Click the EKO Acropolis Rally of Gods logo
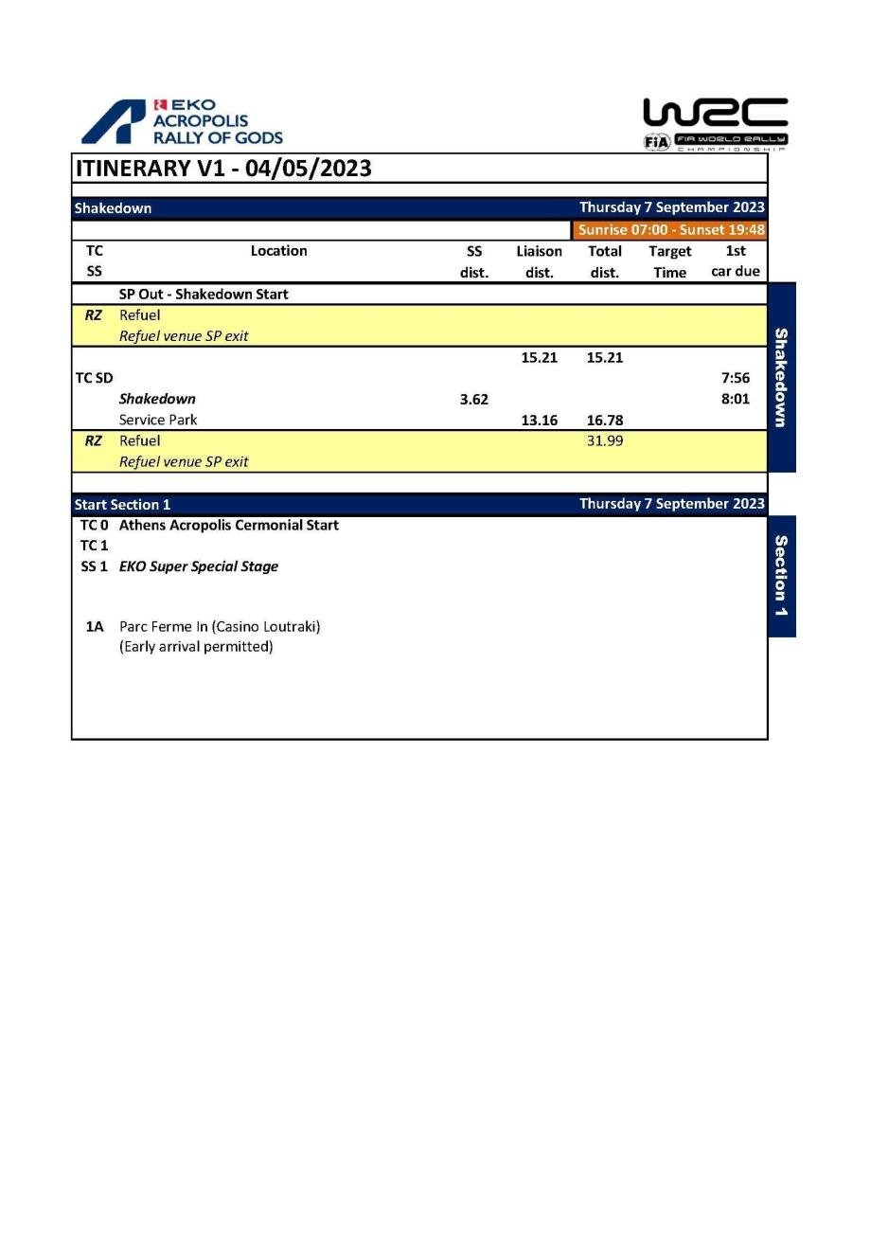point(182,122)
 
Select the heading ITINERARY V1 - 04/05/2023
point(223,169)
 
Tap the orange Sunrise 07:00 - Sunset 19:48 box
point(670,229)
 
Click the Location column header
point(278,251)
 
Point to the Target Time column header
point(669,261)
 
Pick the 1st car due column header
point(735,261)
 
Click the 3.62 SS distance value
point(474,400)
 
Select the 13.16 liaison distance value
point(539,421)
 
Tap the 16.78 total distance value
point(604,421)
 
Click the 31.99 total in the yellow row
point(604,440)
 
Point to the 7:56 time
point(735,378)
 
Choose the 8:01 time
point(735,399)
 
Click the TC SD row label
point(94,378)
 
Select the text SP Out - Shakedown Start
point(204,294)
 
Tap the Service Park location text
point(158,420)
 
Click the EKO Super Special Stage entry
point(199,566)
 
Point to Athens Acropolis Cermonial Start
point(228,525)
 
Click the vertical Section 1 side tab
point(781,576)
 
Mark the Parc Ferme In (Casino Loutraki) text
point(220,626)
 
